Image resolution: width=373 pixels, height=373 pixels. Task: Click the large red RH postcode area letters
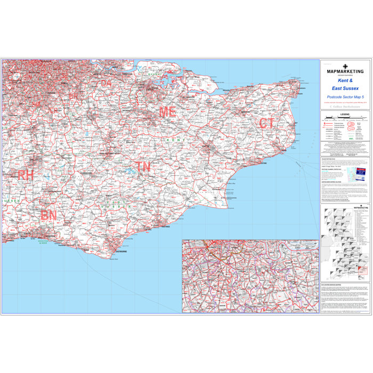point(25,175)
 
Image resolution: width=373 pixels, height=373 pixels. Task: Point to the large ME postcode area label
point(167,112)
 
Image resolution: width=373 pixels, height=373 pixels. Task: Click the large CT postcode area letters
point(266,124)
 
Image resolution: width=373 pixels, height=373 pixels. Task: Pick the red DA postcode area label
point(107,83)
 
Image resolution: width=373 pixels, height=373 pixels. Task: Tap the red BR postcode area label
point(73,96)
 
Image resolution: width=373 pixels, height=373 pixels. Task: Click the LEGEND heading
point(345,114)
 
